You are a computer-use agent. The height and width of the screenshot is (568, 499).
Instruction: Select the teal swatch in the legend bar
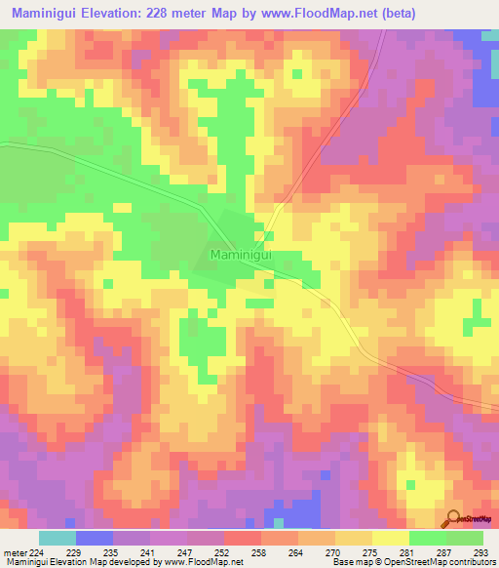(x=58, y=538)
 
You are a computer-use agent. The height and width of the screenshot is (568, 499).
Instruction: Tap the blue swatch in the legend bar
(x=95, y=538)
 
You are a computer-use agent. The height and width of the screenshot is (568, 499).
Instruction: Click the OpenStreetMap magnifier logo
(x=454, y=519)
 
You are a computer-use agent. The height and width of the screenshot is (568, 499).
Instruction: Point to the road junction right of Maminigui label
(x=265, y=240)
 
